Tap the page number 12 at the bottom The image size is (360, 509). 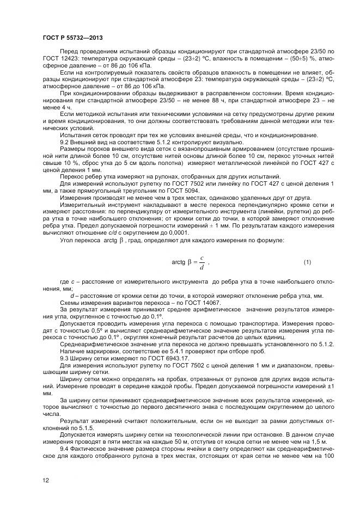click(46, 480)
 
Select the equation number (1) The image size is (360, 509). click(307, 262)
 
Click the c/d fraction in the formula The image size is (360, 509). click(202, 262)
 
